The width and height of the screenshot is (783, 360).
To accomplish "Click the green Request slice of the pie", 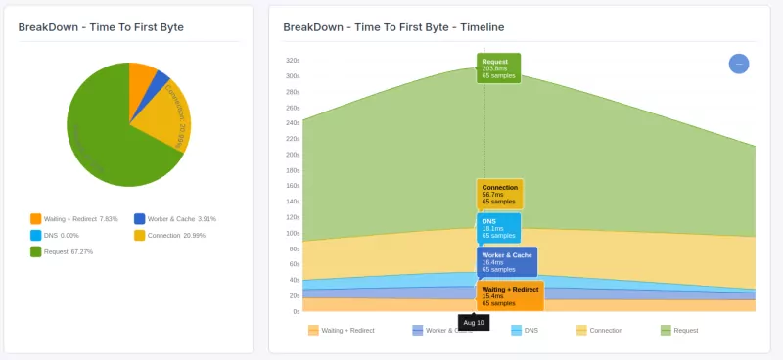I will [x=108, y=137].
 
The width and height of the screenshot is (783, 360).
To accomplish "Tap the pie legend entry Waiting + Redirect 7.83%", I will [x=74, y=219].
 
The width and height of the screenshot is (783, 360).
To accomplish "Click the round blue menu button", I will [x=739, y=64].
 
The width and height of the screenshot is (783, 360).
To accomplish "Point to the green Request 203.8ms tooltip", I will [x=498, y=68].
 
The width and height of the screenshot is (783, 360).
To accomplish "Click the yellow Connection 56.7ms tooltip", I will [x=499, y=194].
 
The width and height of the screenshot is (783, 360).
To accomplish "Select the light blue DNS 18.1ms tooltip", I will [x=498, y=228].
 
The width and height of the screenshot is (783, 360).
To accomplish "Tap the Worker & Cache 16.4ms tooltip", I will [x=506, y=261].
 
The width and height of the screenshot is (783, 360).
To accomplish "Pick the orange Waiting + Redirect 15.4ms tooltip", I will [x=510, y=295].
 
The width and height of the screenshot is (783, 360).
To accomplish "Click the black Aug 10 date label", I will [x=474, y=322].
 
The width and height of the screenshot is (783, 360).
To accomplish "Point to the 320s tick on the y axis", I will [x=293, y=60].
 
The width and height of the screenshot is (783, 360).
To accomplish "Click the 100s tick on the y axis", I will [x=293, y=233].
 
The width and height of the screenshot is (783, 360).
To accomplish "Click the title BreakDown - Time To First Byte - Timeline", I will [x=393, y=27].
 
